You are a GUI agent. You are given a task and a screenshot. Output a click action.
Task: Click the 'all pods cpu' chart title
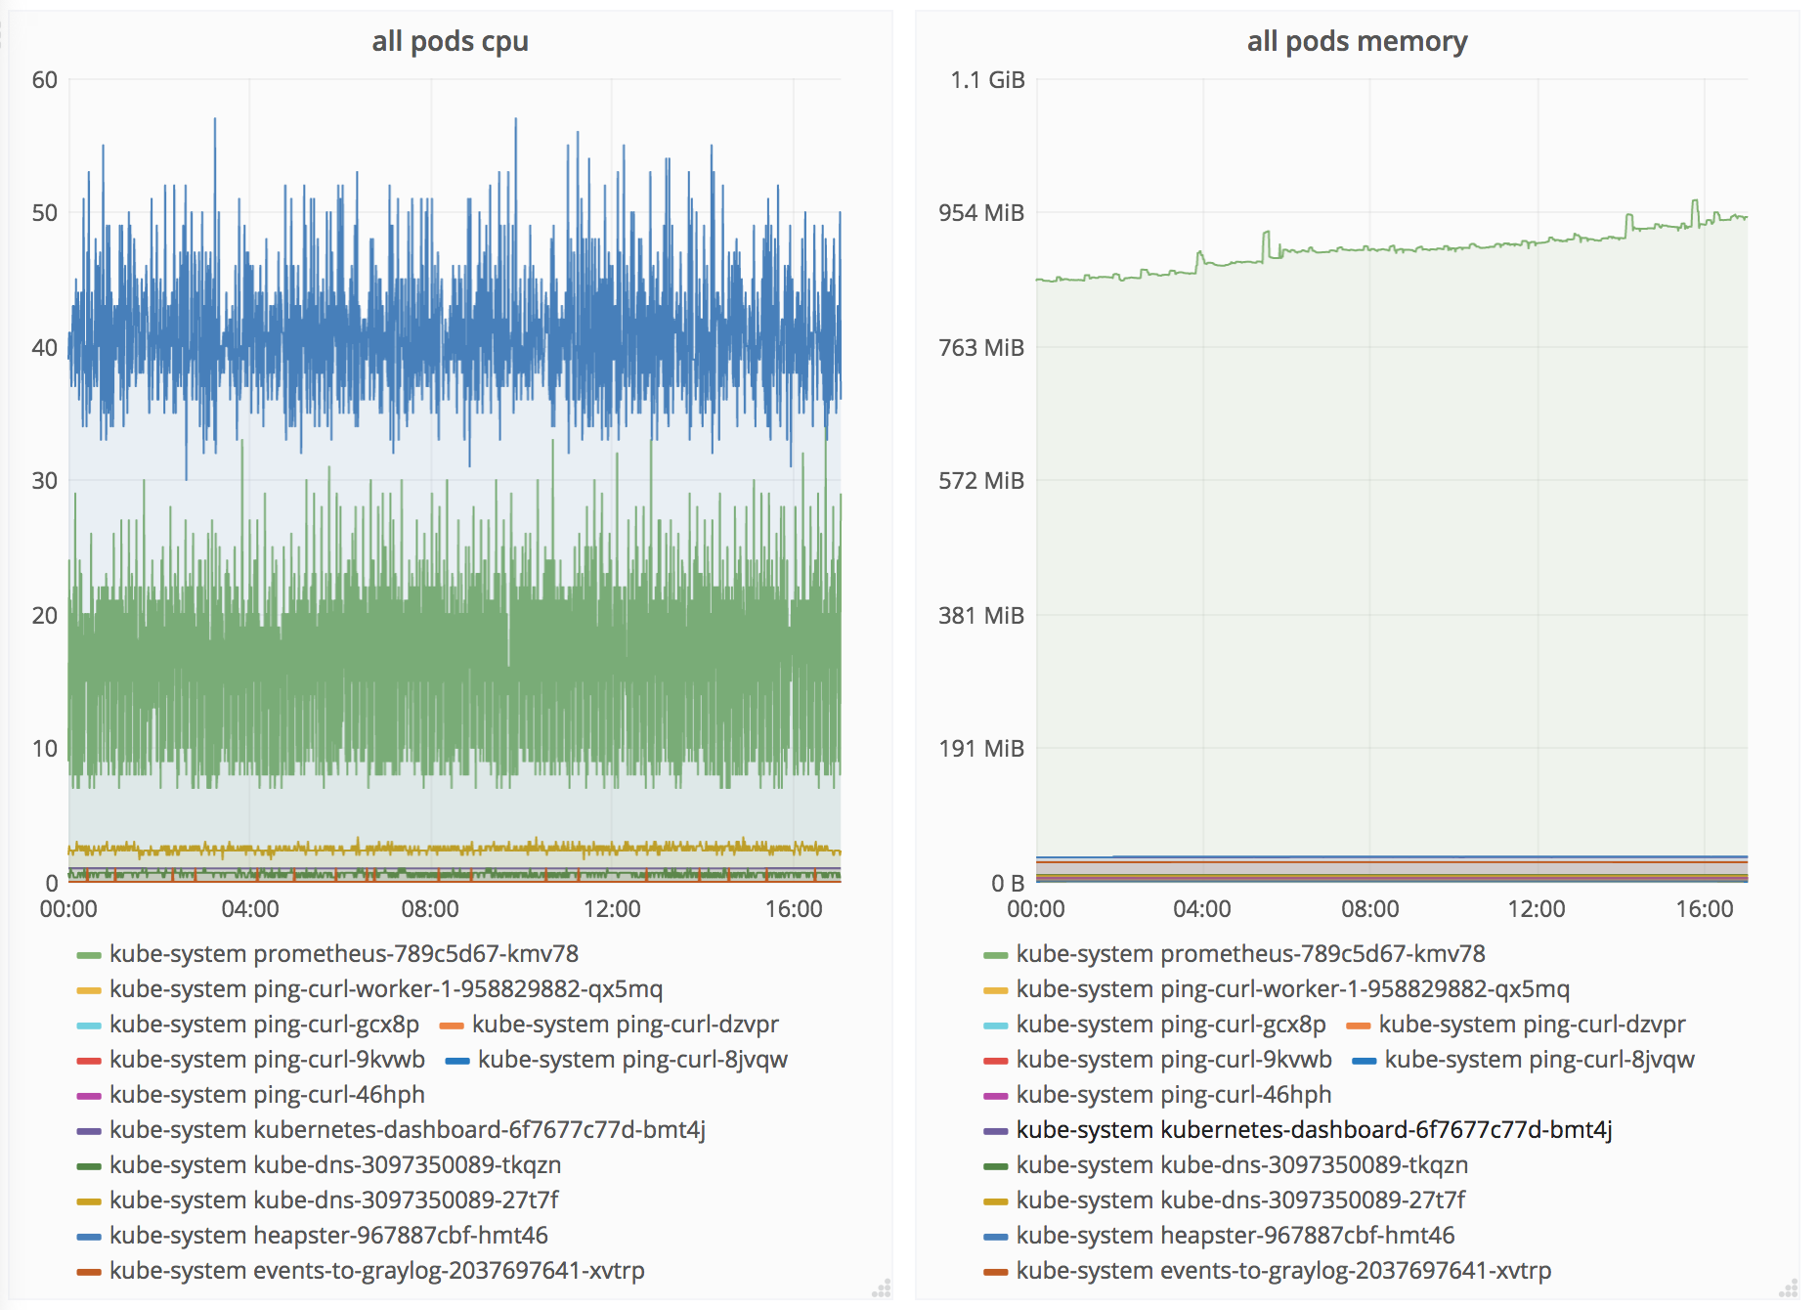click(450, 41)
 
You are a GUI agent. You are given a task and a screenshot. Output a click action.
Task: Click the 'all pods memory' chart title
click(1357, 41)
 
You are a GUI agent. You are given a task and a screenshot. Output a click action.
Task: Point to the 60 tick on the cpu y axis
click(45, 80)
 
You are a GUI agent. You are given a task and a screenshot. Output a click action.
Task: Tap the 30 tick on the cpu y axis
click(45, 481)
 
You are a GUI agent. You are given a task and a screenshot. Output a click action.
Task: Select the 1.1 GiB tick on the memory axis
click(987, 80)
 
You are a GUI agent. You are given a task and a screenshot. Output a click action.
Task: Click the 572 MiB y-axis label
click(981, 481)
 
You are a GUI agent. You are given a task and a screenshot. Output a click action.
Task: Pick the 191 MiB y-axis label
click(981, 749)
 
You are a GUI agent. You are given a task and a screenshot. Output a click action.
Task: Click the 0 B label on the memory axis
click(1007, 884)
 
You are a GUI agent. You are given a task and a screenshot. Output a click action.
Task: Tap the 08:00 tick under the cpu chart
click(430, 909)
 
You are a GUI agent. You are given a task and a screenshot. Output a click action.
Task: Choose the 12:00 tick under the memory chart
click(1537, 909)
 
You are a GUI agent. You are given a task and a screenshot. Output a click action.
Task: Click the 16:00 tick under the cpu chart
click(794, 909)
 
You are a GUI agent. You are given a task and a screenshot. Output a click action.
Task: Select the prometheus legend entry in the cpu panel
click(343, 954)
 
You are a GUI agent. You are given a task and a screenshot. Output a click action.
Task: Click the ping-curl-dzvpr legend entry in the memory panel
click(1532, 1025)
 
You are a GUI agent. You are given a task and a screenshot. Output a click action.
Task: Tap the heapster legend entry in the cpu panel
click(328, 1236)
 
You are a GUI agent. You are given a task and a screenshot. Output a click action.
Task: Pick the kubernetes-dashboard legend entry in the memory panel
click(1314, 1130)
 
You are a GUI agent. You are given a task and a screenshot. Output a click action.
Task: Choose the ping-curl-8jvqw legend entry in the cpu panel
click(632, 1060)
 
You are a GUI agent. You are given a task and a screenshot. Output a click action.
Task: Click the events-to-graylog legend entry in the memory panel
click(1283, 1271)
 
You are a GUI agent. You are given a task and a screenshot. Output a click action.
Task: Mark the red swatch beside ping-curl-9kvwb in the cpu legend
click(89, 1061)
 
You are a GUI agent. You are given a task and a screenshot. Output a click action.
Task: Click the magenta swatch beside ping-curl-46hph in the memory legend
click(996, 1096)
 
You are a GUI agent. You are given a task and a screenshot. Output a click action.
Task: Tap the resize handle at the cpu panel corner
click(882, 1288)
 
